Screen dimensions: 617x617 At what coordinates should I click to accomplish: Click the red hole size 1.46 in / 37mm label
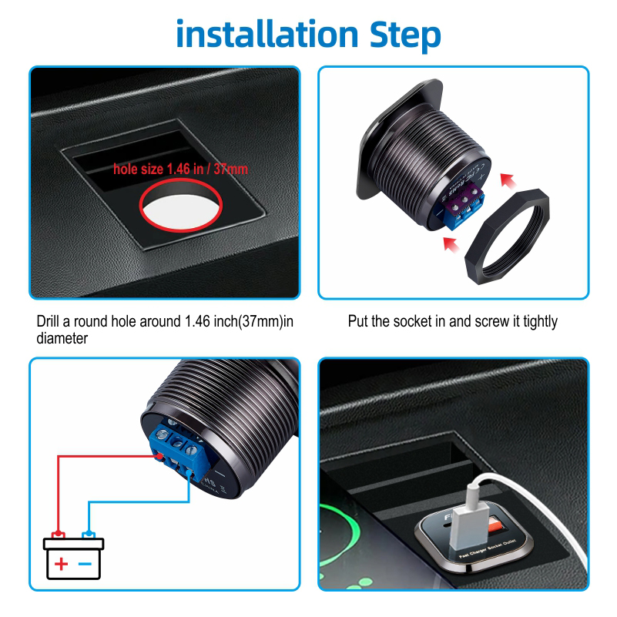tap(180, 167)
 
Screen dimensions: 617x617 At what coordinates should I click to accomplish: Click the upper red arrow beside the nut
tap(507, 180)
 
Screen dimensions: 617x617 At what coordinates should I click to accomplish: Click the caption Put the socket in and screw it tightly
tap(452, 321)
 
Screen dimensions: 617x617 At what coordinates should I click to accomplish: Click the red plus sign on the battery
tap(61, 564)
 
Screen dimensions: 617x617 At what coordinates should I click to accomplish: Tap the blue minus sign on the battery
tap(86, 564)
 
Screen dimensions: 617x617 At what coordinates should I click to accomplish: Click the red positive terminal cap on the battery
tap(57, 534)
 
